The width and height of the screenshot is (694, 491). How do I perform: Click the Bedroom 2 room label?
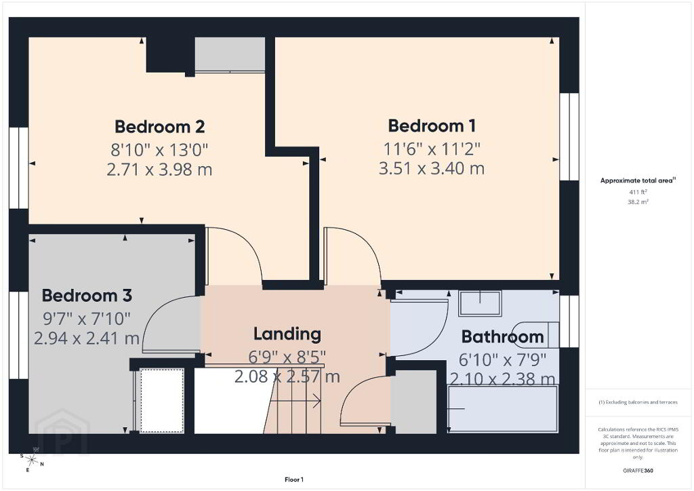click(160, 127)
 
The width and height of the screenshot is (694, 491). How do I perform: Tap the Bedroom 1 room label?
click(432, 125)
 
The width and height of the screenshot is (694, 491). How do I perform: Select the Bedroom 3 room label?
click(87, 295)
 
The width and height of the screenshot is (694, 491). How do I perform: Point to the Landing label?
click(287, 334)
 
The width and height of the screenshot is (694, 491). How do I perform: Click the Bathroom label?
click(502, 337)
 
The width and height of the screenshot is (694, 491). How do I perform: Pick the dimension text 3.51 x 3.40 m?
click(432, 168)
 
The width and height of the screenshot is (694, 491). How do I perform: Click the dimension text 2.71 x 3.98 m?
click(159, 169)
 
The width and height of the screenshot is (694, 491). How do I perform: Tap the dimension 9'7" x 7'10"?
click(87, 318)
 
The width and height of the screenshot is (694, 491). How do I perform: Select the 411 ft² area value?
click(638, 192)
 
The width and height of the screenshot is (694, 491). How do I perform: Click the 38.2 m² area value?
click(638, 202)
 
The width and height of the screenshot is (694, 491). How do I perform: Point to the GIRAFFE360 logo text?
click(638, 471)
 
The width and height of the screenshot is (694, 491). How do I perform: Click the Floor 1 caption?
click(294, 479)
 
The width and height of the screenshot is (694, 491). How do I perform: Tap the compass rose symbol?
click(32, 460)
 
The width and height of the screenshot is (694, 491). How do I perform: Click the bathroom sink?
click(480, 303)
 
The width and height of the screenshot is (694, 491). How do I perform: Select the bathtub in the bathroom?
click(502, 409)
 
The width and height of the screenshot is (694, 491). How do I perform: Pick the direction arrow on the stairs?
click(295, 401)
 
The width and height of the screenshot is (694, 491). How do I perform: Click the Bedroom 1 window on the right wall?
click(569, 136)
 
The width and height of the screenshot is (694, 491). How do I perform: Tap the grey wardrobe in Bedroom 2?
click(230, 54)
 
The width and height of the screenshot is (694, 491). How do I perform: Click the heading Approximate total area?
click(638, 180)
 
